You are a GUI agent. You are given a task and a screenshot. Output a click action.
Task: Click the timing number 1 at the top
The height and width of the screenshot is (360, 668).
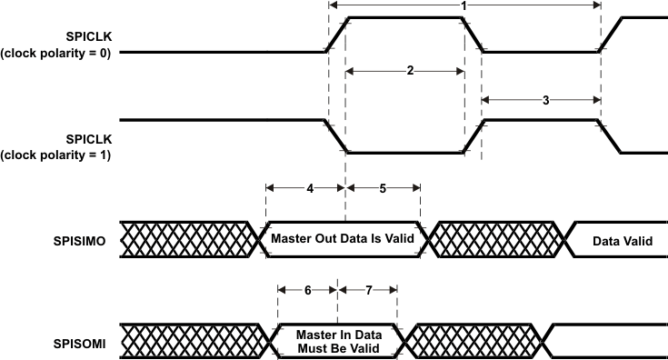(464, 6)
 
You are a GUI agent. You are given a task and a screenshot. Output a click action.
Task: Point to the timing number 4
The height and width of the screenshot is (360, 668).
(309, 188)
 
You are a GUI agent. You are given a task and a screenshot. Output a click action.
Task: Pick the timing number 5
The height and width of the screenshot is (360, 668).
(382, 188)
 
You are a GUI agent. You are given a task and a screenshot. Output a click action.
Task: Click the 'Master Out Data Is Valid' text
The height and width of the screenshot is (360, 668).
(343, 239)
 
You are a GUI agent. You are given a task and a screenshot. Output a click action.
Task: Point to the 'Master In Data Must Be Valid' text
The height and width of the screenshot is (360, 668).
(337, 341)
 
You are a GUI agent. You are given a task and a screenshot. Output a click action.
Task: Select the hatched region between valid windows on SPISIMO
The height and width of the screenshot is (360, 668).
(497, 239)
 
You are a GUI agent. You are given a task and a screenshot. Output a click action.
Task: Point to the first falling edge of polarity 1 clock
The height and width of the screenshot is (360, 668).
(337, 135)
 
